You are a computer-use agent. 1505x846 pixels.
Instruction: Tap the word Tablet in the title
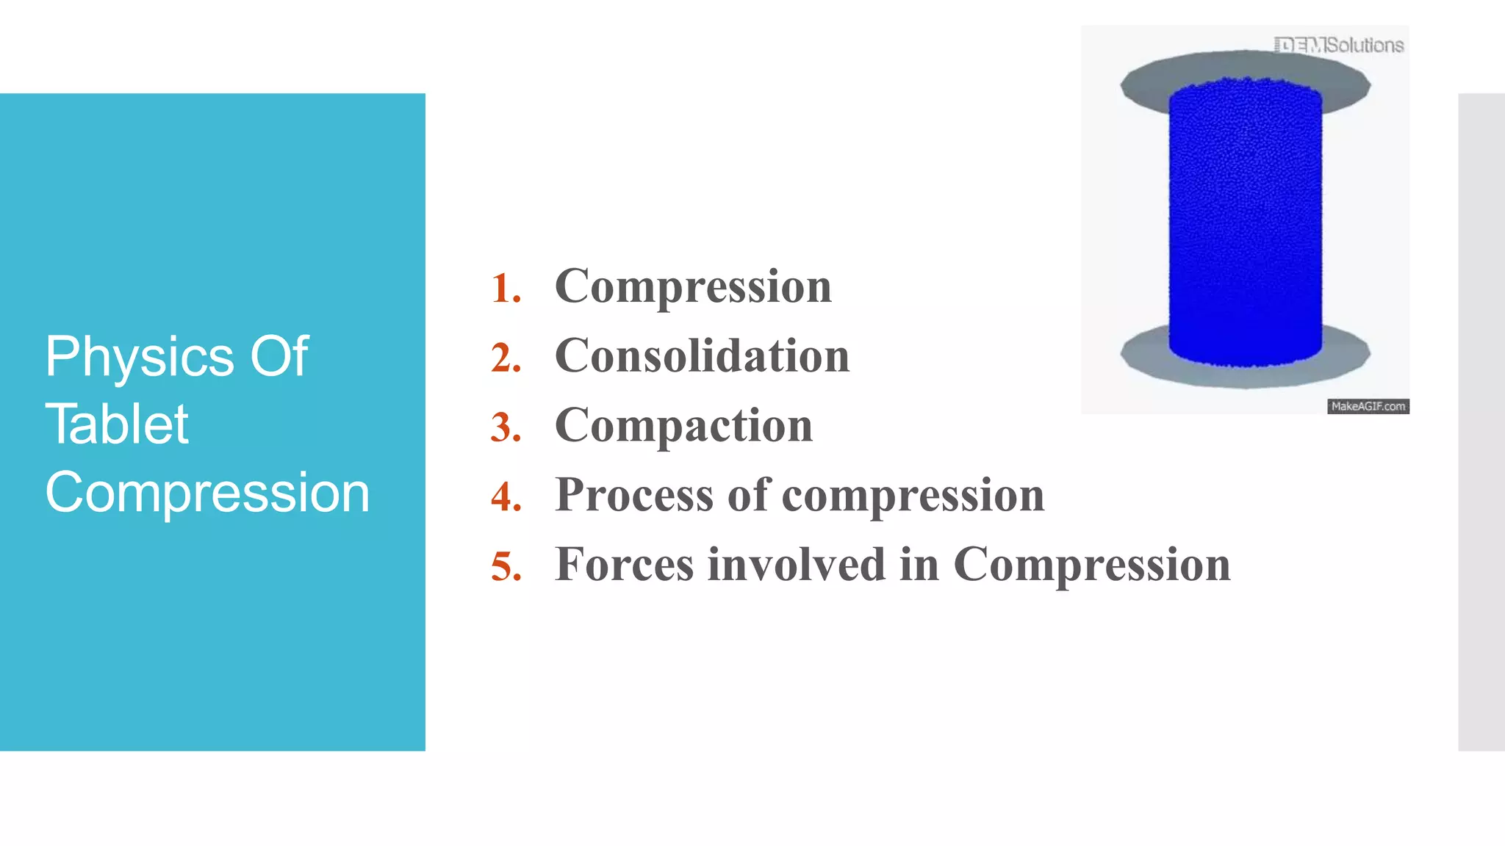[117, 425]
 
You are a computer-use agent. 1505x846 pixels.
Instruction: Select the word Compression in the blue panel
[207, 493]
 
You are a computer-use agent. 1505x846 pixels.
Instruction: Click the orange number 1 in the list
[506, 289]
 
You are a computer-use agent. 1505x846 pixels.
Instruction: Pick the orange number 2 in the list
[506, 358]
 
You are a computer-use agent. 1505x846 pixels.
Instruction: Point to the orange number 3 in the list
[506, 428]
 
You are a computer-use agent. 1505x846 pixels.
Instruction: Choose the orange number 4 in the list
[506, 497]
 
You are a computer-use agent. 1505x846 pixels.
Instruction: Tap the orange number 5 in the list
[506, 567]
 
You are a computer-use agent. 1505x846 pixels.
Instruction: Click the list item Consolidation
[702, 356]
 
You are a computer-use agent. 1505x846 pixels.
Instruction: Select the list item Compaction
[683, 426]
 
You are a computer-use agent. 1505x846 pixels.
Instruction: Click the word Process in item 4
[634, 495]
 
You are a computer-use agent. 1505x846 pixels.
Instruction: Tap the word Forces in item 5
[624, 565]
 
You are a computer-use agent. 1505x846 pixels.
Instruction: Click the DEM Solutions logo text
[1339, 46]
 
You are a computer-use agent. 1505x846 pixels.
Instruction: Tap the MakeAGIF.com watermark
[1368, 406]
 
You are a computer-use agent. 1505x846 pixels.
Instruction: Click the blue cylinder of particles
[1245, 220]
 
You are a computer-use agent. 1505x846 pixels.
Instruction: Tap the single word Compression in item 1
[693, 286]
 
